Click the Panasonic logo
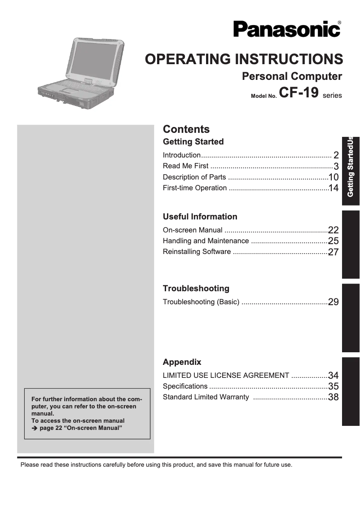pyautogui.click(x=286, y=29)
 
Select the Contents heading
pyautogui.click(x=186, y=129)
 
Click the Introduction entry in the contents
pyautogui.click(x=182, y=155)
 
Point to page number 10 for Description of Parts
pyautogui.click(x=333, y=177)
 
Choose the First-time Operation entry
pyautogui.click(x=195, y=188)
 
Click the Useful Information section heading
pyautogui.click(x=200, y=217)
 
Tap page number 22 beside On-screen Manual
pyautogui.click(x=333, y=230)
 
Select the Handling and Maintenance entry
pyautogui.click(x=206, y=241)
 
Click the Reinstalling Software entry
pyautogui.click(x=197, y=252)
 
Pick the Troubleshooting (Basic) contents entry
pyautogui.click(x=201, y=302)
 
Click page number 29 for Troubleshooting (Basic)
pyautogui.click(x=333, y=302)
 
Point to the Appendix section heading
pyautogui.click(x=182, y=362)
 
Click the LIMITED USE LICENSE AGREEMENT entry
pyautogui.click(x=226, y=376)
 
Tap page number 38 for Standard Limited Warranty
pyautogui.click(x=333, y=397)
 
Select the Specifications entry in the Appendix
pyautogui.click(x=185, y=386)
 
